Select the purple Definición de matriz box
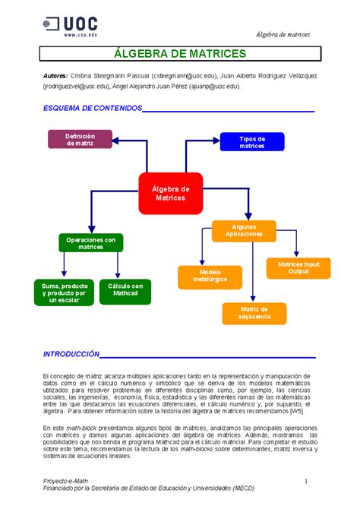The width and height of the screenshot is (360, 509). pos(80,139)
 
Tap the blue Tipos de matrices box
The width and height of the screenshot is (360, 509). pos(252,142)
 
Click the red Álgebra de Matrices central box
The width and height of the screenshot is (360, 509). pos(171,193)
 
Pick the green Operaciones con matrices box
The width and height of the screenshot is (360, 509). pos(90,243)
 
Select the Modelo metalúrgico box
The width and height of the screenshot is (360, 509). pos(210,277)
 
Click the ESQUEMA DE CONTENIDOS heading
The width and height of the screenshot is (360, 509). pos(92,109)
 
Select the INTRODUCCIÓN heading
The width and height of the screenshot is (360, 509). pos(71,354)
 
